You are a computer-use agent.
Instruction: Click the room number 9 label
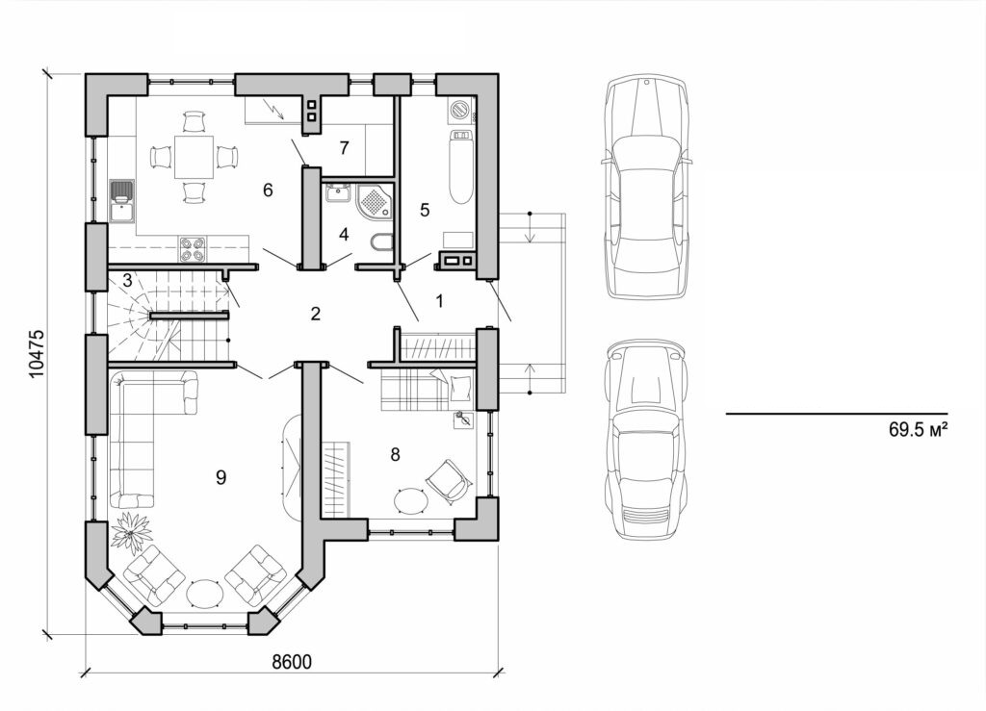pyautogui.click(x=221, y=477)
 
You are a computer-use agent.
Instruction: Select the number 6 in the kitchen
pyautogui.click(x=268, y=190)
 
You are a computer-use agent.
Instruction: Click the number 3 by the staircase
pyautogui.click(x=126, y=281)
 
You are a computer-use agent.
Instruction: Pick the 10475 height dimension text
pyautogui.click(x=37, y=353)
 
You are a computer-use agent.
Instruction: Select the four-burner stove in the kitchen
pyautogui.click(x=192, y=248)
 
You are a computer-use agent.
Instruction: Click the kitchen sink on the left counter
pyautogui.click(x=122, y=199)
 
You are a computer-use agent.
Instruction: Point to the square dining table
pyautogui.click(x=195, y=157)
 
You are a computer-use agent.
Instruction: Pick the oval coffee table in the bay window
pyautogui.click(x=204, y=594)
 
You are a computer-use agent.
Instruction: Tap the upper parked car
pyautogui.click(x=645, y=188)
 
